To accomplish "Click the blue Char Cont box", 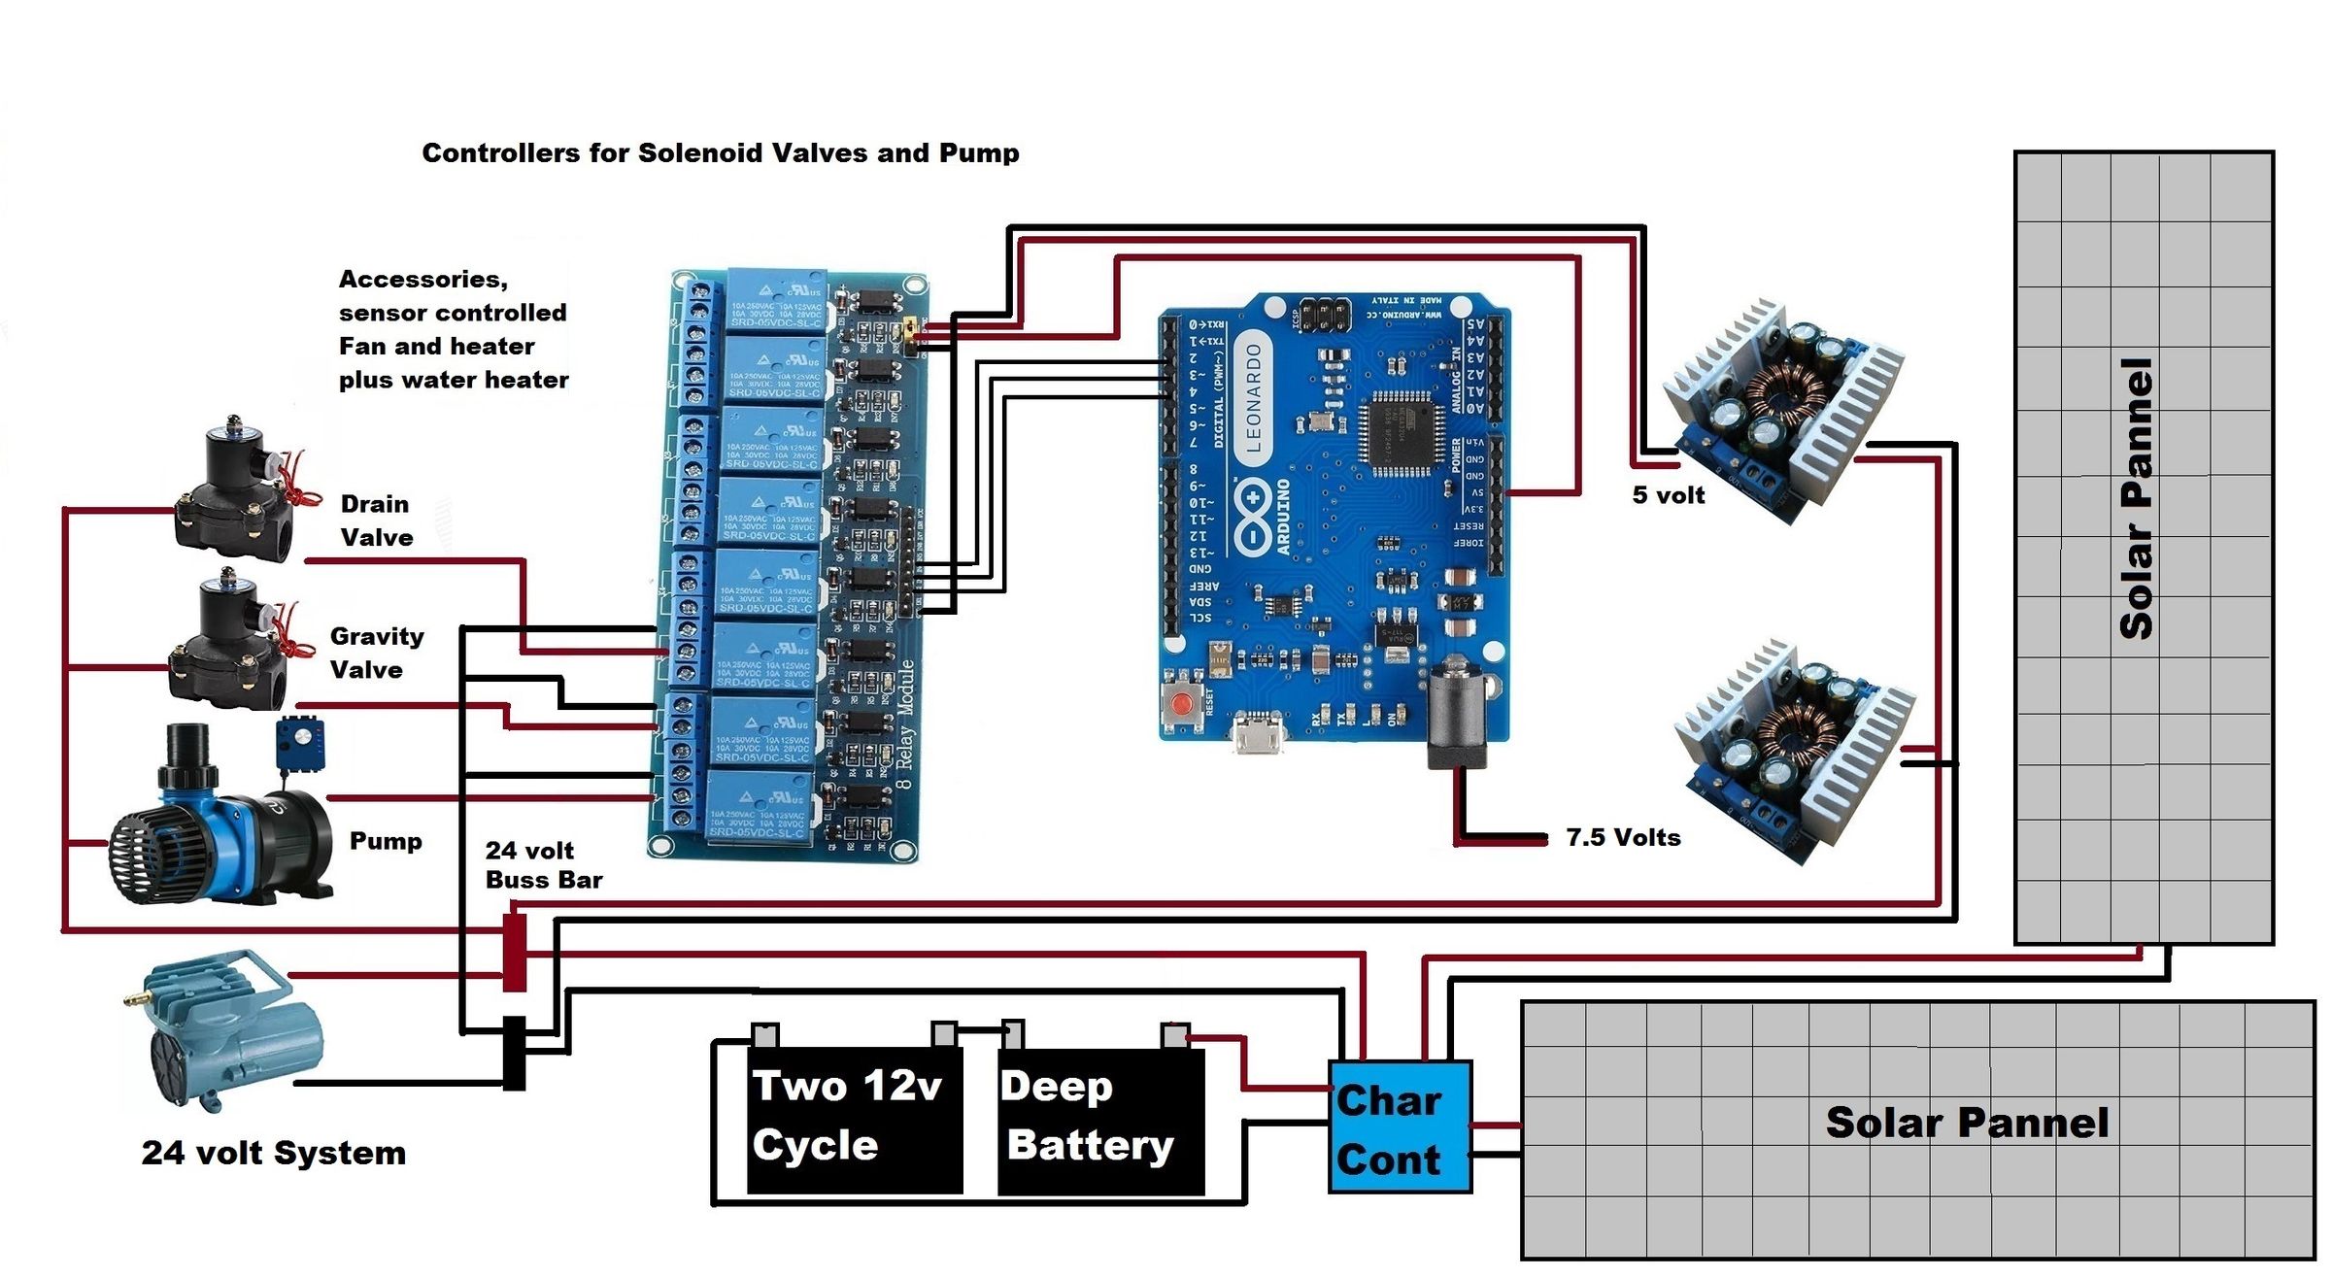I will click(x=1400, y=1127).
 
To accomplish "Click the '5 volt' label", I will click(x=1668, y=495).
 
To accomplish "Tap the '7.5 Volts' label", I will click(x=1623, y=837).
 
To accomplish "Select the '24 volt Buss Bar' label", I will click(x=543, y=864).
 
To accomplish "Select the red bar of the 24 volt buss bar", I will click(x=515, y=952).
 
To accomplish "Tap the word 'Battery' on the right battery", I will click(x=1091, y=1146).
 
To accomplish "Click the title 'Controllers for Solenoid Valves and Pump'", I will click(x=720, y=153).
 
